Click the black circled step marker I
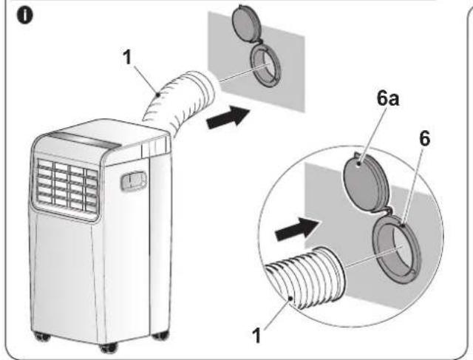pyautogui.click(x=24, y=16)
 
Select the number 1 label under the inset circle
pyautogui.click(x=256, y=336)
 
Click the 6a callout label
pyautogui.click(x=388, y=98)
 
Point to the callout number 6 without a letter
pyautogui.click(x=425, y=138)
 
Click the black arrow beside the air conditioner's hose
pyautogui.click(x=228, y=118)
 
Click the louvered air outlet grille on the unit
pyautogui.click(x=67, y=186)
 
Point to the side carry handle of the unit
pyautogui.click(x=133, y=181)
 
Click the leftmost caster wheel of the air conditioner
pyautogui.click(x=42, y=336)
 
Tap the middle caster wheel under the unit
pyautogui.click(x=109, y=348)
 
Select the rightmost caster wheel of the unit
pyautogui.click(x=160, y=336)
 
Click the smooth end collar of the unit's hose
pyautogui.click(x=205, y=89)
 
